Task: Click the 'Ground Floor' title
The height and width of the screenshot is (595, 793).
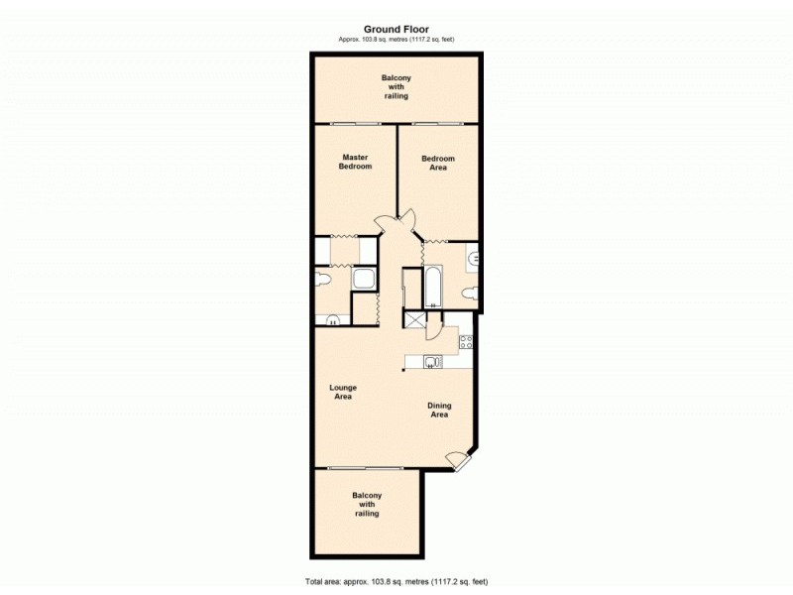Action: point(396,30)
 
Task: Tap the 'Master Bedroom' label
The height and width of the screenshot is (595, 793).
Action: point(356,162)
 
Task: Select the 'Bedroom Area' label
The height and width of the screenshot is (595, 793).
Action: point(438,163)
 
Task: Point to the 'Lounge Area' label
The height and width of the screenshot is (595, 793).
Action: point(343,392)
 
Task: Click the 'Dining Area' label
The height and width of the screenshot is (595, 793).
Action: point(438,410)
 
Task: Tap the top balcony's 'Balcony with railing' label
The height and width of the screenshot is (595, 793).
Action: point(396,86)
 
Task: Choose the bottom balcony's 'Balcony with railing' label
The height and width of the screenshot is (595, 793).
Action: point(367,505)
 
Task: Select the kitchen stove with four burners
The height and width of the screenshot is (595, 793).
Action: point(467,343)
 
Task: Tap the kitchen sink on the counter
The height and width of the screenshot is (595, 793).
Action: point(430,362)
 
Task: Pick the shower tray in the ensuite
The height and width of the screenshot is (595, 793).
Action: point(364,280)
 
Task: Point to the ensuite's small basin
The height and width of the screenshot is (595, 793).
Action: point(331,319)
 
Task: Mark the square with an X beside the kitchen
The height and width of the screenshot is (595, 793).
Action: point(412,320)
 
